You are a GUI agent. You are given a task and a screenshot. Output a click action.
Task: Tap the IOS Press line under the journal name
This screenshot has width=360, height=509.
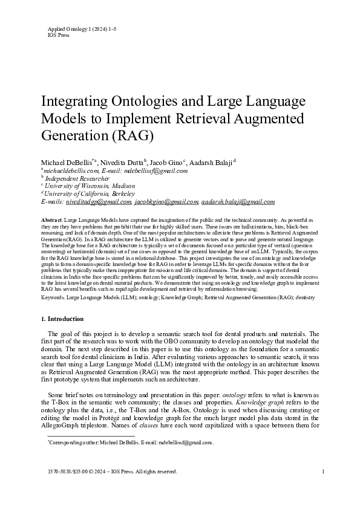tap(58, 36)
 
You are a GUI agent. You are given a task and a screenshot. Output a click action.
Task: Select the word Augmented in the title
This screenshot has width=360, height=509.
tap(269, 117)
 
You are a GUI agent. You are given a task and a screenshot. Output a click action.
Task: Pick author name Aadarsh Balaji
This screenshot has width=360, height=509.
tap(215, 163)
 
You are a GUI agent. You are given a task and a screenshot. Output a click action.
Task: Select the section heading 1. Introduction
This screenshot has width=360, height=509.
tap(62, 319)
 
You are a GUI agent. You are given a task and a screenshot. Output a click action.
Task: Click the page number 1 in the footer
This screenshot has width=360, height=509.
tap(324, 488)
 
